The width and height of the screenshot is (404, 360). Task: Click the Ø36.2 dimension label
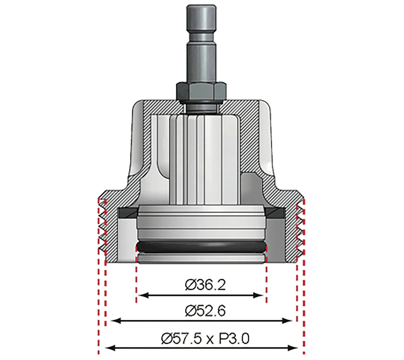205,285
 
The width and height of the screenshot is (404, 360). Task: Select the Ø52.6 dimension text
205,311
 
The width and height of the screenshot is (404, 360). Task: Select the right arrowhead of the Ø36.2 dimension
259,295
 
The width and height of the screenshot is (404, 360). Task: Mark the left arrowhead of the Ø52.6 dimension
116,321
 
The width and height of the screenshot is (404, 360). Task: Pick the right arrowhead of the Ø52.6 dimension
287,321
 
